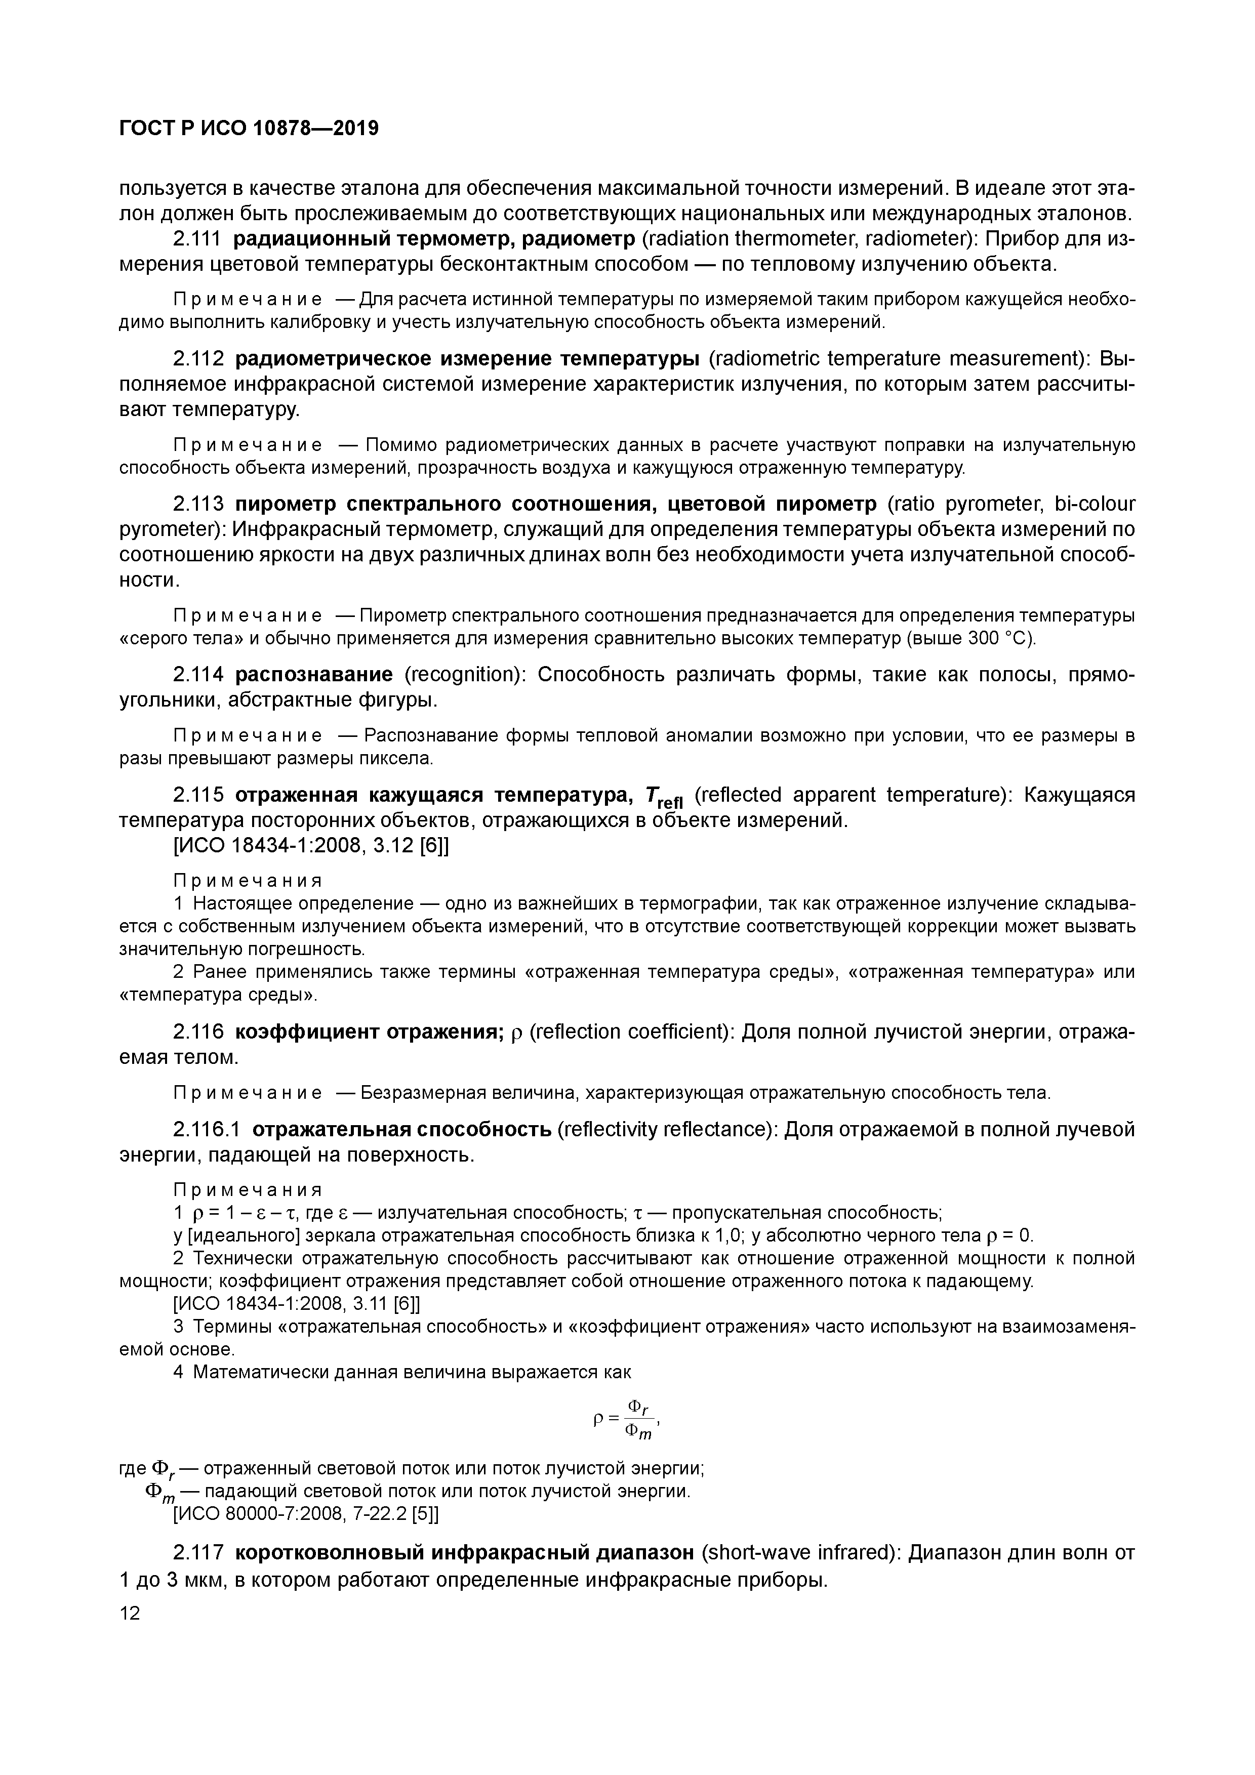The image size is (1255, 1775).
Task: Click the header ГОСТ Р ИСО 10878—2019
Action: [249, 129]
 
